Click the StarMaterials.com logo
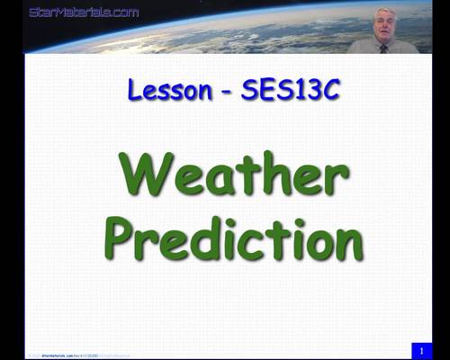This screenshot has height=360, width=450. click(x=84, y=13)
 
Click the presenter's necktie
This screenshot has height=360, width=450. click(x=383, y=48)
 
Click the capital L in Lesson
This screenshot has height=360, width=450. click(x=133, y=90)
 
